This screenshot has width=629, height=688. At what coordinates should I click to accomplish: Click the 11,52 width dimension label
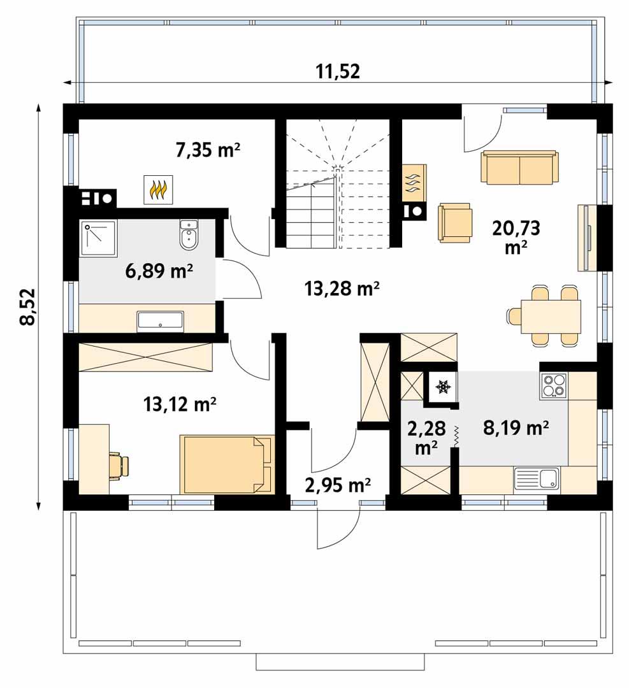(338, 71)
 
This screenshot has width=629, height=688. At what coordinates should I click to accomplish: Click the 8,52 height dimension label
(27, 307)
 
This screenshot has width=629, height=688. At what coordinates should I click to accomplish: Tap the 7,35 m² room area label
(208, 150)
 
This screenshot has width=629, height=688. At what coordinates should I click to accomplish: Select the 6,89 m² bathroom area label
(159, 272)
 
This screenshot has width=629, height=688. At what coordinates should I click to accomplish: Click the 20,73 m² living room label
(511, 236)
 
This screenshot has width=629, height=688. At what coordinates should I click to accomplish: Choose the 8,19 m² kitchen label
(516, 428)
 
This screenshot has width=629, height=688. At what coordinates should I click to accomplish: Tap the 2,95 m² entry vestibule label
(338, 485)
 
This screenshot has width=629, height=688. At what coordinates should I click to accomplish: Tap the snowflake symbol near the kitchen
(443, 386)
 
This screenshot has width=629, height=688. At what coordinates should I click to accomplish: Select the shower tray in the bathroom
(99, 237)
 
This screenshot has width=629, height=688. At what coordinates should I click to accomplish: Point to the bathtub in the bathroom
(161, 321)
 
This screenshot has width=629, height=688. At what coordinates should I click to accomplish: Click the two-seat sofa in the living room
(519, 168)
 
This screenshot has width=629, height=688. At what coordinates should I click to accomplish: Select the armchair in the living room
(455, 223)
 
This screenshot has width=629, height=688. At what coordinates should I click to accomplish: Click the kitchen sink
(537, 478)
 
